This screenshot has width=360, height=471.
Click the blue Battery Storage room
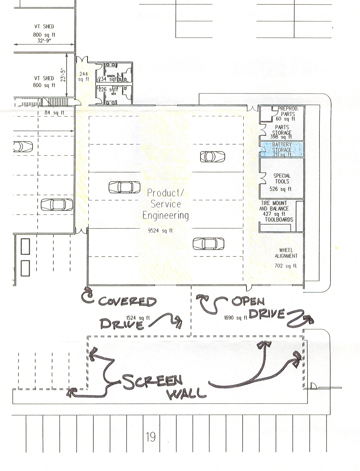(x=282, y=149)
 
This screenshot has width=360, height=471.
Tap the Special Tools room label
(x=282, y=179)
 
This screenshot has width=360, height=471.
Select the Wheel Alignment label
(x=286, y=253)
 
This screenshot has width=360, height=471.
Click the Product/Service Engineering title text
(x=166, y=204)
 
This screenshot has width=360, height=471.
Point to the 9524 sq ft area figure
(x=160, y=231)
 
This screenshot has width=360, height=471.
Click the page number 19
(x=151, y=437)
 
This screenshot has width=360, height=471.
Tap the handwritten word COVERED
(x=127, y=301)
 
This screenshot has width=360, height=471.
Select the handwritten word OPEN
(x=248, y=302)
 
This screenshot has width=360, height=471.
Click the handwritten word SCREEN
(x=152, y=382)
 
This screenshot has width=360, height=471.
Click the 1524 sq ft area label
(x=138, y=318)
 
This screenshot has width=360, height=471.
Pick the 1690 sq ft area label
(x=236, y=318)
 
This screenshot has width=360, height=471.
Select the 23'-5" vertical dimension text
(x=63, y=74)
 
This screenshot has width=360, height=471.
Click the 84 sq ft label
(x=54, y=112)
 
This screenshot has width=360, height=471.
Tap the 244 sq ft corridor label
(x=83, y=76)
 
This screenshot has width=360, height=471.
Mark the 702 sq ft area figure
(x=285, y=266)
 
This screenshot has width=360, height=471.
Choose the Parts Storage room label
(x=282, y=130)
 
